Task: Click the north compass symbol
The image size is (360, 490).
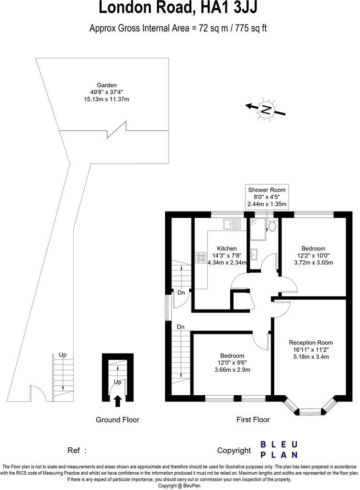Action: point(265,109)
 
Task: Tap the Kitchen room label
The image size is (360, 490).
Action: point(226,248)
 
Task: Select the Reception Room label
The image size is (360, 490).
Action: point(311,343)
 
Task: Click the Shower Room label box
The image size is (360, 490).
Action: point(267,197)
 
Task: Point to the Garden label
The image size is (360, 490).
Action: point(106,85)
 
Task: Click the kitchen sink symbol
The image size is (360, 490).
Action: point(232,223)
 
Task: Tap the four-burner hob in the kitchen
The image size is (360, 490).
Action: point(200,257)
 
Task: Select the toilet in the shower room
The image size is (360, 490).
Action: point(272,225)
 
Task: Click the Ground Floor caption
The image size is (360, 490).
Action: point(117,420)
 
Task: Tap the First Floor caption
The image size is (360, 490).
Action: point(253,420)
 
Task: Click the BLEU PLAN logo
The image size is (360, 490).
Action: point(279,449)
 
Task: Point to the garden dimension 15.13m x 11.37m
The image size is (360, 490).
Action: point(106,99)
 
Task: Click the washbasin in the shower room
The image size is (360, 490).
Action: point(254,253)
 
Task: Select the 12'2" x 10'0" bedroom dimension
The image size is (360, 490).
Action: point(314,256)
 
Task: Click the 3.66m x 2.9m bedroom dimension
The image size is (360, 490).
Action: point(232,369)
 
